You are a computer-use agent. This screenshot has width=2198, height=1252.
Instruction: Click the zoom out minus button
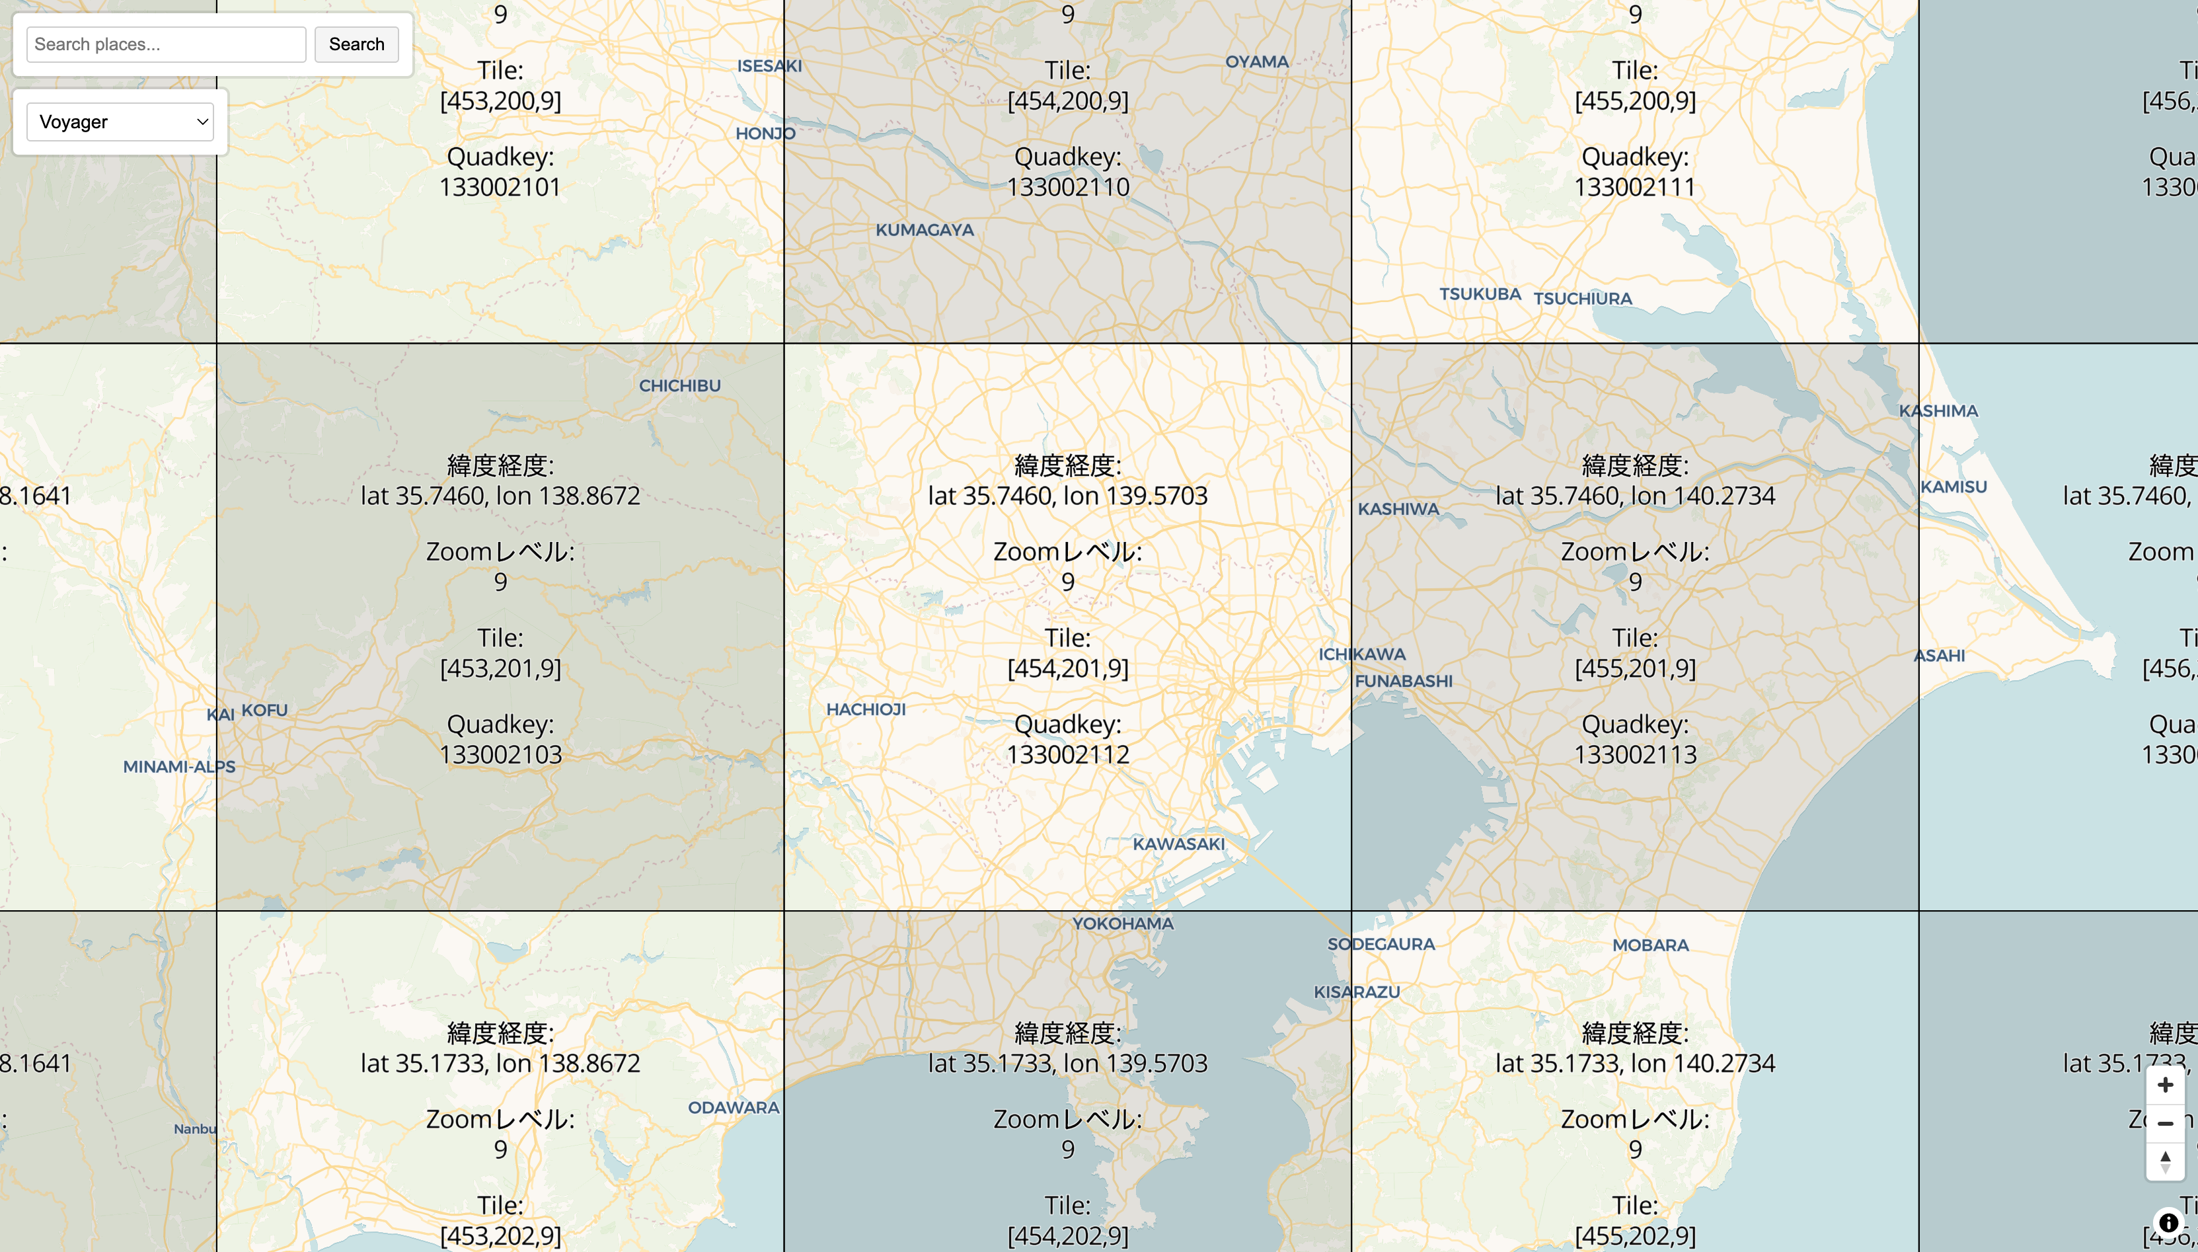[x=2164, y=1123]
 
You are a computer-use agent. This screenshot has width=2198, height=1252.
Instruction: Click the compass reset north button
[x=2164, y=1161]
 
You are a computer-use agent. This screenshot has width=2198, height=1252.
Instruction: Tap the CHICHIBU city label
[x=679, y=386]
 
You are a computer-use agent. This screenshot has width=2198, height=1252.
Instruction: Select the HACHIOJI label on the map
[x=866, y=709]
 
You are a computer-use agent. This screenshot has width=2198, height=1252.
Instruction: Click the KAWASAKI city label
[x=1178, y=844]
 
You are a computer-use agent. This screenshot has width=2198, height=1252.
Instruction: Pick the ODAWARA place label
[x=734, y=1107]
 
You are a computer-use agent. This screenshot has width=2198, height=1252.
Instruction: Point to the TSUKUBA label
[x=1480, y=294]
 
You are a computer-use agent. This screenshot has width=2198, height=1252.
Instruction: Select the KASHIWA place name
[x=1398, y=509]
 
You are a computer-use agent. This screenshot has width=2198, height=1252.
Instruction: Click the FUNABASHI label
[x=1403, y=681]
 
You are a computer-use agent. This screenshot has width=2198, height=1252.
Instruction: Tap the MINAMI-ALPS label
[x=179, y=767]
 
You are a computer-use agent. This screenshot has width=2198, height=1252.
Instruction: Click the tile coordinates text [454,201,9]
[x=1068, y=668]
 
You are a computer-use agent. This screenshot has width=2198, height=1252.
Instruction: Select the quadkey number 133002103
[x=500, y=754]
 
